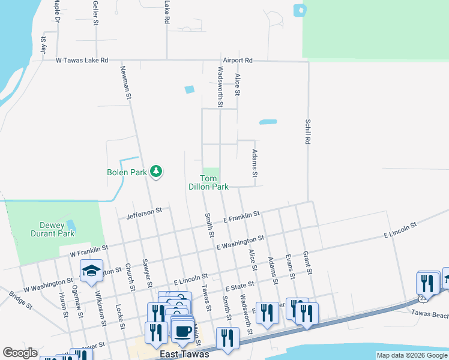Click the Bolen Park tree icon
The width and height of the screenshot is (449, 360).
156,172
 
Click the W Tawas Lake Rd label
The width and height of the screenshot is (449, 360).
82,61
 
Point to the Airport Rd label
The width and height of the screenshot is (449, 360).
238,61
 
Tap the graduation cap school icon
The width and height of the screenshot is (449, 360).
91,272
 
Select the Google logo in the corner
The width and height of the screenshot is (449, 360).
20,353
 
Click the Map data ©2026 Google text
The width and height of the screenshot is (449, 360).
412,355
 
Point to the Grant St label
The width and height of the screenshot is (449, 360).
307,263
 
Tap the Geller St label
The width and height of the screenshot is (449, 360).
96,12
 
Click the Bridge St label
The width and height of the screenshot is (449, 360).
20,299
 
